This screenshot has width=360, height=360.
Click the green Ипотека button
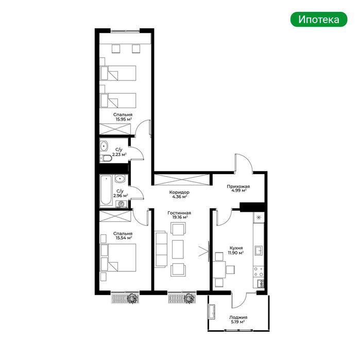pos(319,20)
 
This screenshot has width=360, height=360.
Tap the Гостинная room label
pos(179,213)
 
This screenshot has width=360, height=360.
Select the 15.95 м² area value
pos(124,119)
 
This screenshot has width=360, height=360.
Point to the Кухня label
pos(236,248)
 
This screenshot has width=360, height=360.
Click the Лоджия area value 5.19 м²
pos(238,322)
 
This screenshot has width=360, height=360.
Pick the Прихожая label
pos(238,186)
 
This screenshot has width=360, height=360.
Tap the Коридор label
pos(179,192)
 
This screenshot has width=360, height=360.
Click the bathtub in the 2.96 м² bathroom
pos(106,190)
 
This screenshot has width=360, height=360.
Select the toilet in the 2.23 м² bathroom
pos(106,158)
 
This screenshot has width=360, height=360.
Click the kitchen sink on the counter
pos(259,250)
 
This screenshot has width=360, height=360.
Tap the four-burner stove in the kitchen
pos(259,271)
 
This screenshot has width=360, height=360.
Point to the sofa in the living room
pos(161,249)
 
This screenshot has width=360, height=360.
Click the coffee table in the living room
pos(178,249)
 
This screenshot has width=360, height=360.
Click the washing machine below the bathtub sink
pos(121,204)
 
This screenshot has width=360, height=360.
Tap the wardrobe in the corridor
pos(182,180)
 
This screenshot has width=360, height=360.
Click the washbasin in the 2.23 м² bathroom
pos(104,146)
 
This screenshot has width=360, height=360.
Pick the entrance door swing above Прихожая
pos(244,163)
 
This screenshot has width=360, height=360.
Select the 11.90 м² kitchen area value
pos(235,253)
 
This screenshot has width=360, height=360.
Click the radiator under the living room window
pos(182,299)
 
